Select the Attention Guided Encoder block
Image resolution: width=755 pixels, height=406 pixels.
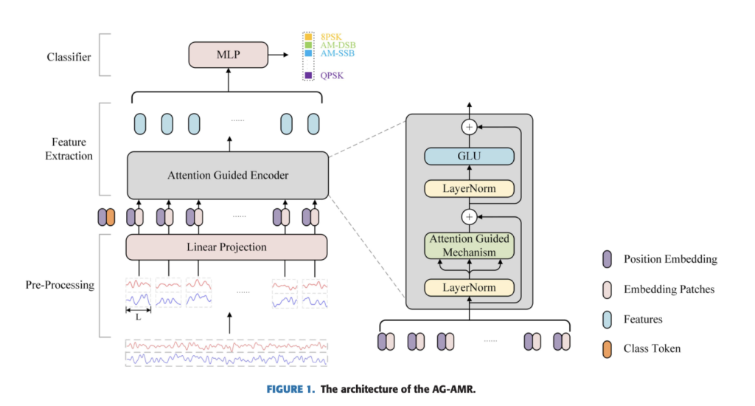[227, 176]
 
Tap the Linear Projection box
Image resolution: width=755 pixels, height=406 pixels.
[227, 247]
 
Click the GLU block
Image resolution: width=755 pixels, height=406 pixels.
[468, 156]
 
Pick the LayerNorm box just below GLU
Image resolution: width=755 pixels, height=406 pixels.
[468, 189]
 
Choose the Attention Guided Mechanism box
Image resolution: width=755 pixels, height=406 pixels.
[468, 245]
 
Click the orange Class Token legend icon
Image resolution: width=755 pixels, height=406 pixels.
[606, 348]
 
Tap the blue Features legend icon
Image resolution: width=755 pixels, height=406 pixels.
[606, 319]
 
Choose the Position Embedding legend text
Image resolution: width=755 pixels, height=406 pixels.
[669, 259]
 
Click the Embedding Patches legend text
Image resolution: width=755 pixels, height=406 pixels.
[669, 289]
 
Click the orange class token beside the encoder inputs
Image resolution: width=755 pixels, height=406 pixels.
[111, 217]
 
